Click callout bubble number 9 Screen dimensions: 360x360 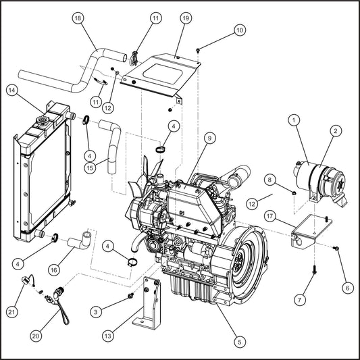209,138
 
